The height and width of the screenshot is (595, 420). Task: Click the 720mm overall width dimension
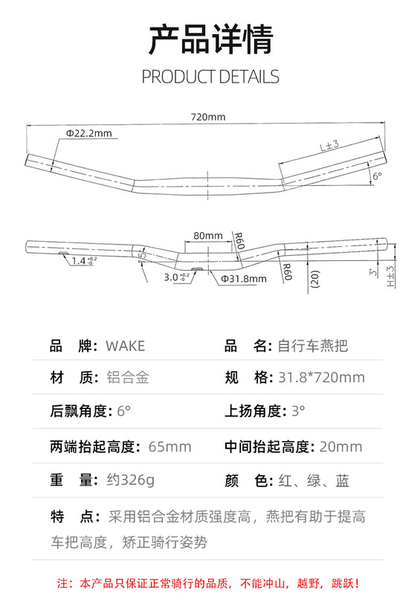point(208,117)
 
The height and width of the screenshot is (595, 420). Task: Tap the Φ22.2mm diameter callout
point(89,133)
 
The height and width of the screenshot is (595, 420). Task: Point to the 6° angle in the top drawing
point(377,176)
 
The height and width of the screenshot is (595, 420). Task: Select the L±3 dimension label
point(329,146)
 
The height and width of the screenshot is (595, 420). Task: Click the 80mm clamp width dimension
point(208,236)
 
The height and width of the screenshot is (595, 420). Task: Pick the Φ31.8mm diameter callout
point(244,279)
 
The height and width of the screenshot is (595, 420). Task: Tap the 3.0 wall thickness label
point(176,277)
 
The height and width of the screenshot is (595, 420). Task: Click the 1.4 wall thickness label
point(84,261)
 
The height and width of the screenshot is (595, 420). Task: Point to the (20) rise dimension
point(315,279)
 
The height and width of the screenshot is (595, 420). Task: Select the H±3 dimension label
point(390,276)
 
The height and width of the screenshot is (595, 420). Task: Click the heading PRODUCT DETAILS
point(210,77)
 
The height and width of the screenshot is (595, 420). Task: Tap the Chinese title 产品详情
point(210,39)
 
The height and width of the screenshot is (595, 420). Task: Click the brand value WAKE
point(125,346)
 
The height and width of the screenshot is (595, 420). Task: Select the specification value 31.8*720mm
point(321,378)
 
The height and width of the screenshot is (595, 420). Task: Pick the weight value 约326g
point(131,480)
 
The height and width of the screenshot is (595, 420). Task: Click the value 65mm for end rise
point(169,447)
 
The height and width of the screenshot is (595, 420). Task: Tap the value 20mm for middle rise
point(340,447)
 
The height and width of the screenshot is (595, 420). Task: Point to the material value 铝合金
point(128,378)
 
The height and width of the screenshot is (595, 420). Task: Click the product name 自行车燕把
point(313,346)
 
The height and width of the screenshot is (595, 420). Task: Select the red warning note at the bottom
point(208,583)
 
